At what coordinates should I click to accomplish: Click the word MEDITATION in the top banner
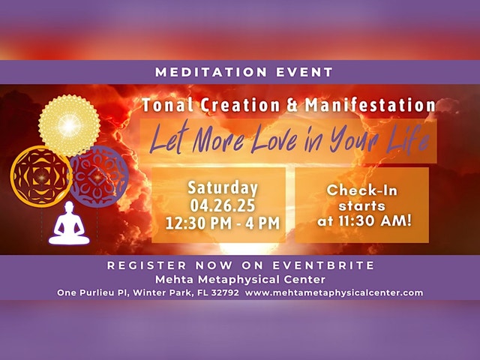pyautogui.click(x=211, y=72)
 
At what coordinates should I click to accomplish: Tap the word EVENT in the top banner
pyautogui.click(x=304, y=72)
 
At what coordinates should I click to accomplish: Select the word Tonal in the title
pyautogui.click(x=167, y=105)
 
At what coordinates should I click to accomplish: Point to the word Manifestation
pyautogui.click(x=370, y=105)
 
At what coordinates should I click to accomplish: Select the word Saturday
pyautogui.click(x=223, y=187)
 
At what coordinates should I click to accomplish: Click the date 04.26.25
pyautogui.click(x=223, y=205)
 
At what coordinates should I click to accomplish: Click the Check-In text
pyautogui.click(x=362, y=190)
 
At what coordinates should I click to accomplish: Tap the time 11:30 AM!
pyautogui.click(x=375, y=220)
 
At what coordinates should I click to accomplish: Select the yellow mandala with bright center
pyautogui.click(x=69, y=125)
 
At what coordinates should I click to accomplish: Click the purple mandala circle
pyautogui.click(x=98, y=177)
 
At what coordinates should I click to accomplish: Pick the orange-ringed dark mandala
pyautogui.click(x=41, y=177)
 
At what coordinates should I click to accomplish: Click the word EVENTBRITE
pyautogui.click(x=323, y=265)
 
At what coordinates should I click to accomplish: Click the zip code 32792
pyautogui.click(x=225, y=292)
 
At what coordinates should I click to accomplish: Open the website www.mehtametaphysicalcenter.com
pyautogui.click(x=334, y=293)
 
